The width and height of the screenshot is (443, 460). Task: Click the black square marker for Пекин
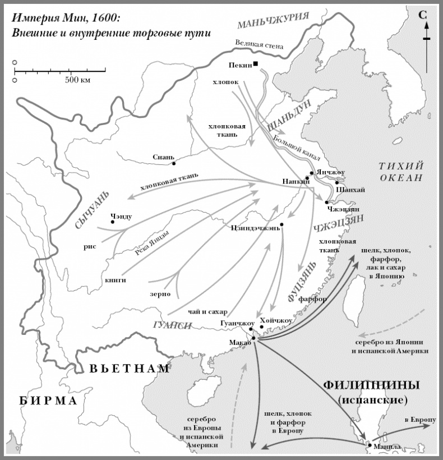(256, 64)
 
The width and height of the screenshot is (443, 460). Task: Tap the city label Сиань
(164, 157)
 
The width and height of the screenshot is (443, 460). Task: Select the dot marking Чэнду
(113, 222)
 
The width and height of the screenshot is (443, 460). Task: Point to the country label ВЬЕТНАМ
(129, 369)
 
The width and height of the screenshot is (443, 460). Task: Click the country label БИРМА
(47, 400)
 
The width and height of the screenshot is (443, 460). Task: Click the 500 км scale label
(77, 80)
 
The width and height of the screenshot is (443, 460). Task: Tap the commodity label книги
(115, 279)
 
